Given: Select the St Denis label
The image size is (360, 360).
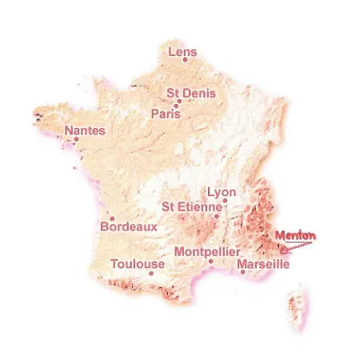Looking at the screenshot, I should [190, 94].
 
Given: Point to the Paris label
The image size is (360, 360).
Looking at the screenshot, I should [164, 114].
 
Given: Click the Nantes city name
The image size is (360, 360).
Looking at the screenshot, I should [83, 130].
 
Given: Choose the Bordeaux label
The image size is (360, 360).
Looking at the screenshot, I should [129, 227].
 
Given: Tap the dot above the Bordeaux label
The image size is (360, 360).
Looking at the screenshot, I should [113, 218].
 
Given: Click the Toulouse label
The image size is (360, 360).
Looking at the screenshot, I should [138, 263].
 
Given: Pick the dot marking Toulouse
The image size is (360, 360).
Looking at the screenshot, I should [151, 272].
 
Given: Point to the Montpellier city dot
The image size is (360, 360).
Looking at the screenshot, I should [210, 260].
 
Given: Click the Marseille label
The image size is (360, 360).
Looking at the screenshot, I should [263, 262].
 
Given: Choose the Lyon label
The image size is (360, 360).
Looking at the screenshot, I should [222, 192].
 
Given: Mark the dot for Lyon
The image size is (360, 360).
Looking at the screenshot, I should [226, 201].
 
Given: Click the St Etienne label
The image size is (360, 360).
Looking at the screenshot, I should [190, 206].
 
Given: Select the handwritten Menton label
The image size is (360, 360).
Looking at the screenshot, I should [295, 235].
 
